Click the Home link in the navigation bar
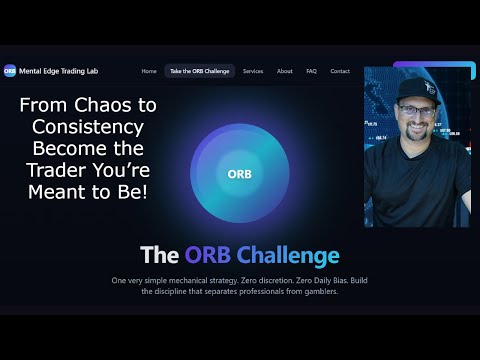point(149,71)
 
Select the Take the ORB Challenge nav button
point(200,71)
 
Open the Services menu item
point(253,71)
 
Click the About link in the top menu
point(285,71)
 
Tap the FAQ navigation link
point(312,71)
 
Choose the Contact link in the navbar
point(340,71)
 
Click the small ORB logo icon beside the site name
point(9,71)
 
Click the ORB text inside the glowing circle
point(240,172)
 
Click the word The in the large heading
point(159,255)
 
